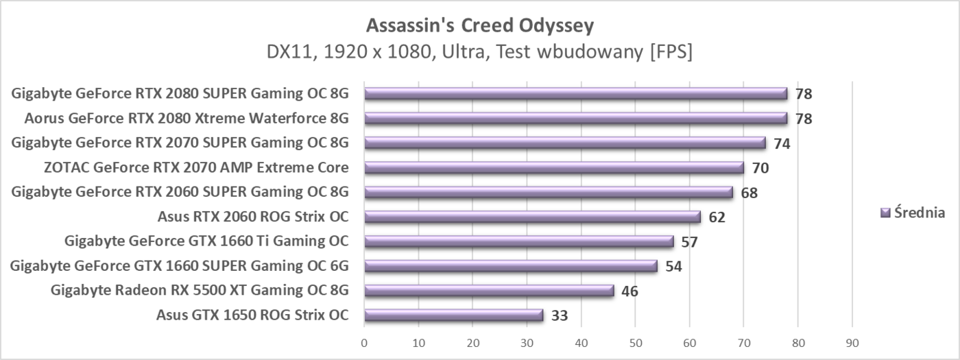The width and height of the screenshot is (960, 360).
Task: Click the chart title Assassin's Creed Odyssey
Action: click(x=479, y=25)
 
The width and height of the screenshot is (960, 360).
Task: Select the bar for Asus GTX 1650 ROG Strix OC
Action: click(x=453, y=315)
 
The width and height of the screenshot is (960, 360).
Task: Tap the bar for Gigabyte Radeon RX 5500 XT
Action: click(x=489, y=291)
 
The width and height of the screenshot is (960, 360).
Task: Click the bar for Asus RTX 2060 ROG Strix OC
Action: click(x=532, y=217)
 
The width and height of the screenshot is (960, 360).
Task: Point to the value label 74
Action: click(x=782, y=143)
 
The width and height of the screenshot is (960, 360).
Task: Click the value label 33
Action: click(x=560, y=316)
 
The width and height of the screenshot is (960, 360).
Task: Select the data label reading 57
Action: click(x=690, y=242)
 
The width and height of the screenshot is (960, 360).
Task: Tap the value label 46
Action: click(x=629, y=291)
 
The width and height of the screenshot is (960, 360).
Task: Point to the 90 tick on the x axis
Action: click(x=852, y=342)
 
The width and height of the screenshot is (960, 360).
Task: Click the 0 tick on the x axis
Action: click(x=364, y=342)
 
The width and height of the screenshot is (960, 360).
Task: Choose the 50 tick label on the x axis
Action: click(x=635, y=342)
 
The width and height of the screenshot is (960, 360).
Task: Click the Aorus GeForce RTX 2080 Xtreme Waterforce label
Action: click(x=186, y=119)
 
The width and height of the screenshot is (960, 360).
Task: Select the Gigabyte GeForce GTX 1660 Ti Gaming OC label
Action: click(x=206, y=241)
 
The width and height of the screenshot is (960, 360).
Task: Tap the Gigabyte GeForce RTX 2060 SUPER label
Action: click(x=180, y=192)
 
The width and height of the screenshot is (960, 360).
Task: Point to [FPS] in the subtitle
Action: click(x=670, y=52)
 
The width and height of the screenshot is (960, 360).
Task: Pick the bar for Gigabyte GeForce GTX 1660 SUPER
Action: click(x=511, y=266)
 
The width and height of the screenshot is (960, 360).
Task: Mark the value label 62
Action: click(x=717, y=217)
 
